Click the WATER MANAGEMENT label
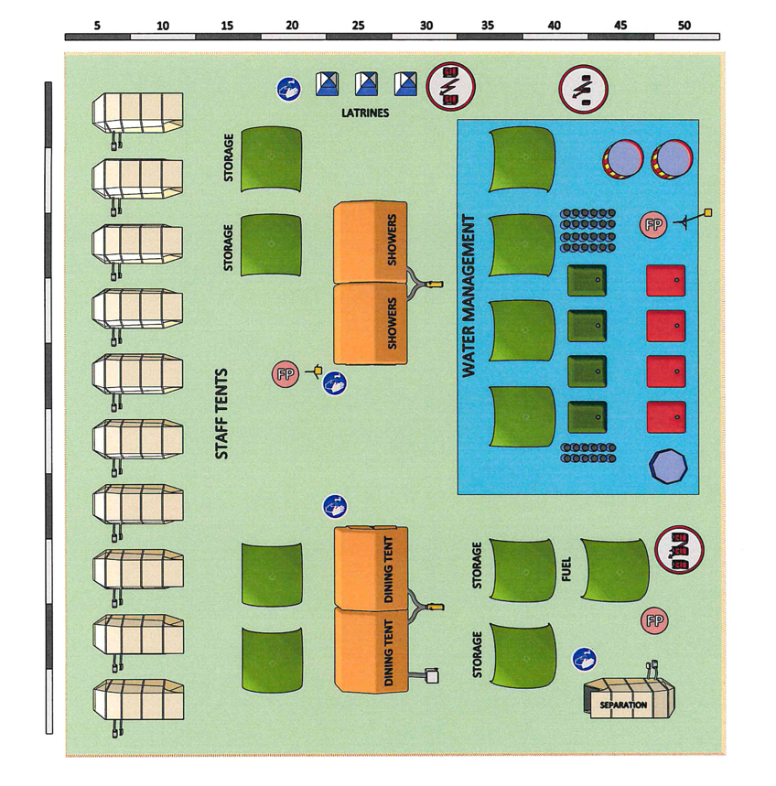(469, 296)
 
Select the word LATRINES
(365, 113)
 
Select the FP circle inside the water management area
(653, 223)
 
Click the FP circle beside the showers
(286, 373)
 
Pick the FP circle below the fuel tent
(654, 621)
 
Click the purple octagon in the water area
(666, 465)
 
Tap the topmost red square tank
(666, 280)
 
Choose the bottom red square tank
(666, 416)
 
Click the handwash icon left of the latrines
(290, 89)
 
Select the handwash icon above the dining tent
(334, 505)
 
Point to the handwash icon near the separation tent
(584, 659)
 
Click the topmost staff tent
(137, 112)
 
